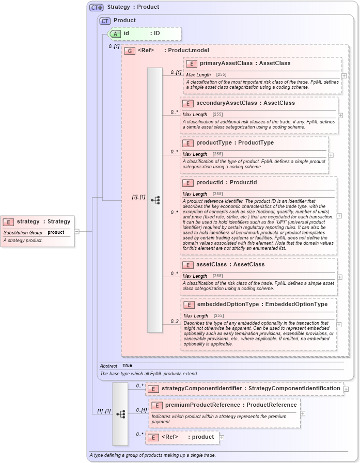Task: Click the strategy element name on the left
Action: (28, 221)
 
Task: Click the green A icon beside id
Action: (116, 33)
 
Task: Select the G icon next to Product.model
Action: (130, 51)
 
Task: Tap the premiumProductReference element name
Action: (206, 405)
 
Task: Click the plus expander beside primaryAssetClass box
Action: (343, 75)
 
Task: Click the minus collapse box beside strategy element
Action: (76, 231)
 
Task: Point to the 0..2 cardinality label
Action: (174, 321)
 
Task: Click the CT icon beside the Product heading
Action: (105, 21)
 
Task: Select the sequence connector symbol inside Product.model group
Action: (155, 200)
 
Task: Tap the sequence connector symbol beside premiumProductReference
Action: (120, 414)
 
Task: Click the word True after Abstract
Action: (127, 365)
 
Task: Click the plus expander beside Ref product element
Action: (222, 437)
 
